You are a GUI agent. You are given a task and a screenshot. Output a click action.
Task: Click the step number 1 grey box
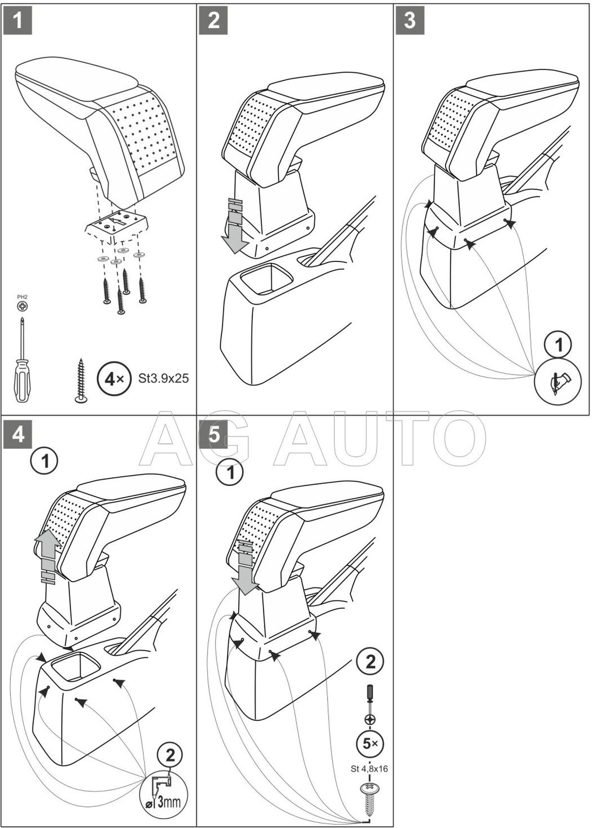(18, 21)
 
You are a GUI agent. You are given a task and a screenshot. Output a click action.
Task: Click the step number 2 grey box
(214, 21)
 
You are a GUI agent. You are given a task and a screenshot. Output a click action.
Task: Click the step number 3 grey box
(410, 21)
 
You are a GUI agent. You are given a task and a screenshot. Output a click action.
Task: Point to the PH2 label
(23, 297)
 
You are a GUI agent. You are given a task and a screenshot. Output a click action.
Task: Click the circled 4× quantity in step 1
(114, 379)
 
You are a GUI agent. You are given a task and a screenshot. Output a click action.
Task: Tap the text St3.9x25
(164, 379)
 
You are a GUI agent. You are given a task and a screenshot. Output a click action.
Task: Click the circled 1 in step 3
(559, 345)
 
